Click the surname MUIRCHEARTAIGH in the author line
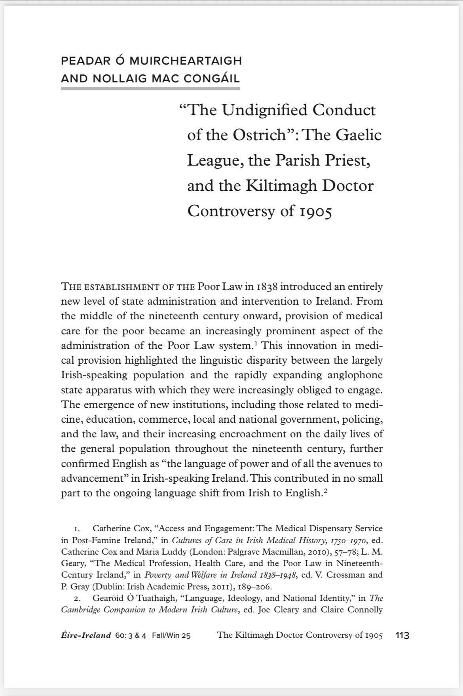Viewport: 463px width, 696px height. (x=185, y=61)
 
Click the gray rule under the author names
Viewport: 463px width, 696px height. (x=150, y=88)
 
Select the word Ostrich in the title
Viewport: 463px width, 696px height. (x=259, y=135)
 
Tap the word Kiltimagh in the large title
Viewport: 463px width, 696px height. (x=282, y=186)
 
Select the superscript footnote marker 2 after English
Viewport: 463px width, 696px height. (x=325, y=490)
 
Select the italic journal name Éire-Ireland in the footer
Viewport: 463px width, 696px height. (x=86, y=635)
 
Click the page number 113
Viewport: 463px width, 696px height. (x=402, y=635)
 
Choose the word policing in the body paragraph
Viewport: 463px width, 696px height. (x=362, y=420)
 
